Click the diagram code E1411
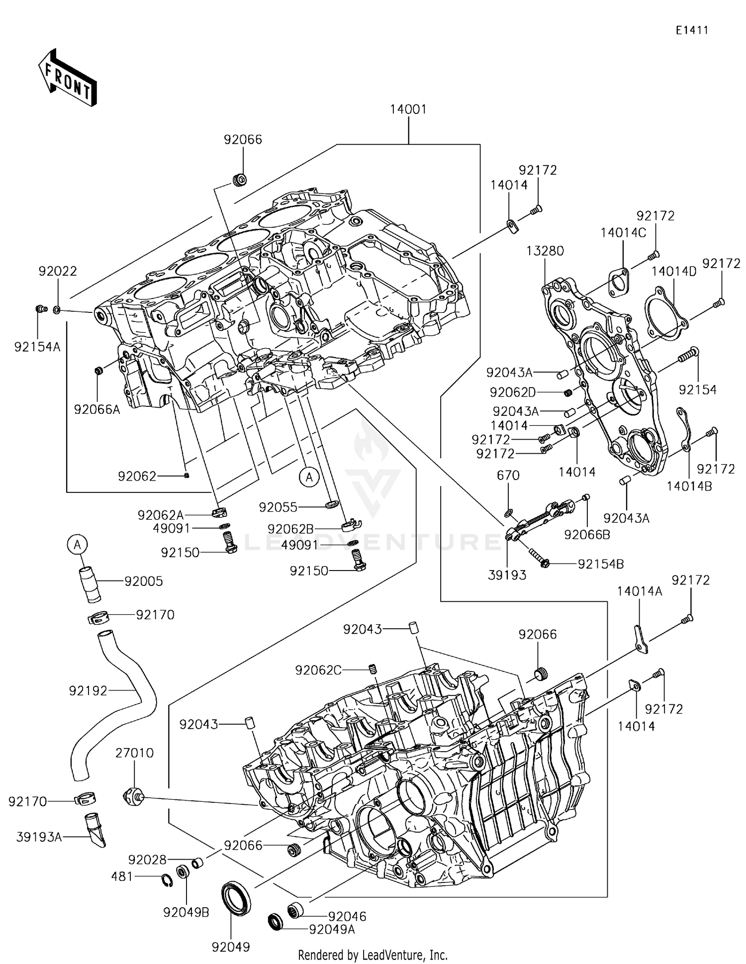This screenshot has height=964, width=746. click(x=691, y=30)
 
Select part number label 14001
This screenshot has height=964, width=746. click(x=408, y=109)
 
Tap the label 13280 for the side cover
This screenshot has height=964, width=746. click(x=546, y=251)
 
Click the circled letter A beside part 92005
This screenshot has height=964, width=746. click(x=77, y=545)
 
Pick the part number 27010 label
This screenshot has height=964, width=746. click(x=134, y=753)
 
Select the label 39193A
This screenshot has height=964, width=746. click(x=39, y=837)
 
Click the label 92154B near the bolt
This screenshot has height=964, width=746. click(x=600, y=564)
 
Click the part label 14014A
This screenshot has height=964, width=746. click(x=640, y=591)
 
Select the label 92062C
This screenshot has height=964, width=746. click(x=318, y=670)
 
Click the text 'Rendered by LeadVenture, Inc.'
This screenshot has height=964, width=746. click(x=373, y=955)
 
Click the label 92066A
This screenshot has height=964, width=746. click(x=97, y=409)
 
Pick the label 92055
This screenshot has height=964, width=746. click(x=278, y=507)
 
